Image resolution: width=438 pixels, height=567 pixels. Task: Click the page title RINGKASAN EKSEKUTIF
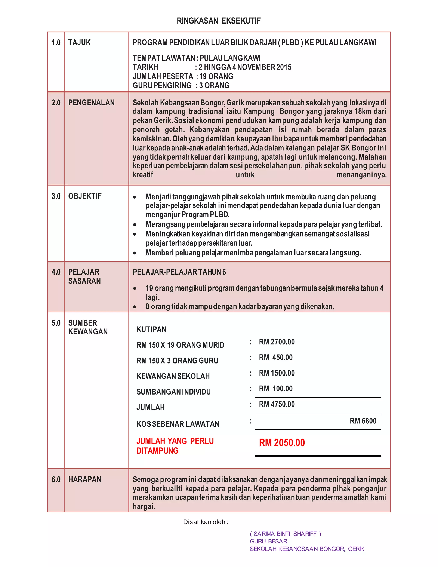(x=219, y=21)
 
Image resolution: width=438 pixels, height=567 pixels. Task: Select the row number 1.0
(x=56, y=42)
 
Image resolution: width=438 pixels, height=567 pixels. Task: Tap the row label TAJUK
(x=79, y=42)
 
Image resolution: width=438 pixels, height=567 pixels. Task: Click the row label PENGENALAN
(x=91, y=102)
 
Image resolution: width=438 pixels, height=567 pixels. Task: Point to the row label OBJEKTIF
(x=85, y=196)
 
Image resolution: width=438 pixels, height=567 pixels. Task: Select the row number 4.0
(x=56, y=272)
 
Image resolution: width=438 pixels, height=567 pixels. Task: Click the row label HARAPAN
(x=85, y=479)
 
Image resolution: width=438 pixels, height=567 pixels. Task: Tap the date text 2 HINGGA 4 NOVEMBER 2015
(x=245, y=67)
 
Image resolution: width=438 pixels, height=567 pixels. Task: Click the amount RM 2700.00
(x=277, y=342)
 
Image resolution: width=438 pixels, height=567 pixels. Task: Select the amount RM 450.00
(x=276, y=357)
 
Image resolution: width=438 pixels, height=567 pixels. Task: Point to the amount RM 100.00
(x=276, y=388)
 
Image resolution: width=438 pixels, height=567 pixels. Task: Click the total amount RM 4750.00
(x=277, y=404)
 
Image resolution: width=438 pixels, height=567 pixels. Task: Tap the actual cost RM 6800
(x=363, y=421)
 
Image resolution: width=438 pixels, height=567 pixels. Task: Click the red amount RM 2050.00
(x=282, y=443)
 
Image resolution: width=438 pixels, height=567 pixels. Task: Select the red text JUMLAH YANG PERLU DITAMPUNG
(x=175, y=446)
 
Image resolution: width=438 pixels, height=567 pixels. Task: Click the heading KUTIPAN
(x=151, y=329)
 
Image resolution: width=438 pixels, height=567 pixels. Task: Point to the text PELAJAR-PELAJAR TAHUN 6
(x=179, y=272)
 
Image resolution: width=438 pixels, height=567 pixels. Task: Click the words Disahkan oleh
(x=206, y=522)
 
